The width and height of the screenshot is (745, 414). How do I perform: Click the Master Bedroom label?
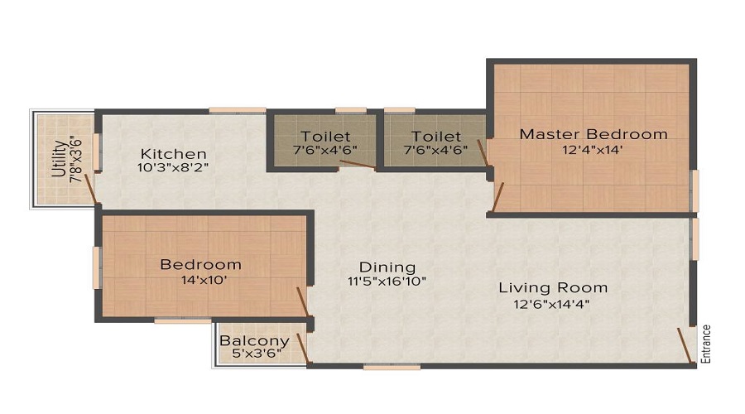593,134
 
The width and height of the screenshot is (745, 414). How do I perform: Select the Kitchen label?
173,154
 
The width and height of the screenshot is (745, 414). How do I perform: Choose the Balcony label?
254,340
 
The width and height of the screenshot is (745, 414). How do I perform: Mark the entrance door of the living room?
685,345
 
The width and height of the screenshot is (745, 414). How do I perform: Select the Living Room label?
553,288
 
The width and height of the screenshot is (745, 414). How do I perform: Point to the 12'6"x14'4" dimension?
553,303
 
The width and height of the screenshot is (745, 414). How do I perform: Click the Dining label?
387,267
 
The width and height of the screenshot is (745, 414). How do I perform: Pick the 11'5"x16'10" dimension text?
387,281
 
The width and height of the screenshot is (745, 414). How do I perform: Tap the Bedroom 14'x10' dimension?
201,280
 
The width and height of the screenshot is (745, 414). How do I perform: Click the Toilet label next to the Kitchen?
325,136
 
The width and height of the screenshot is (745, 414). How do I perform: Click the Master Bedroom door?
498,195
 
